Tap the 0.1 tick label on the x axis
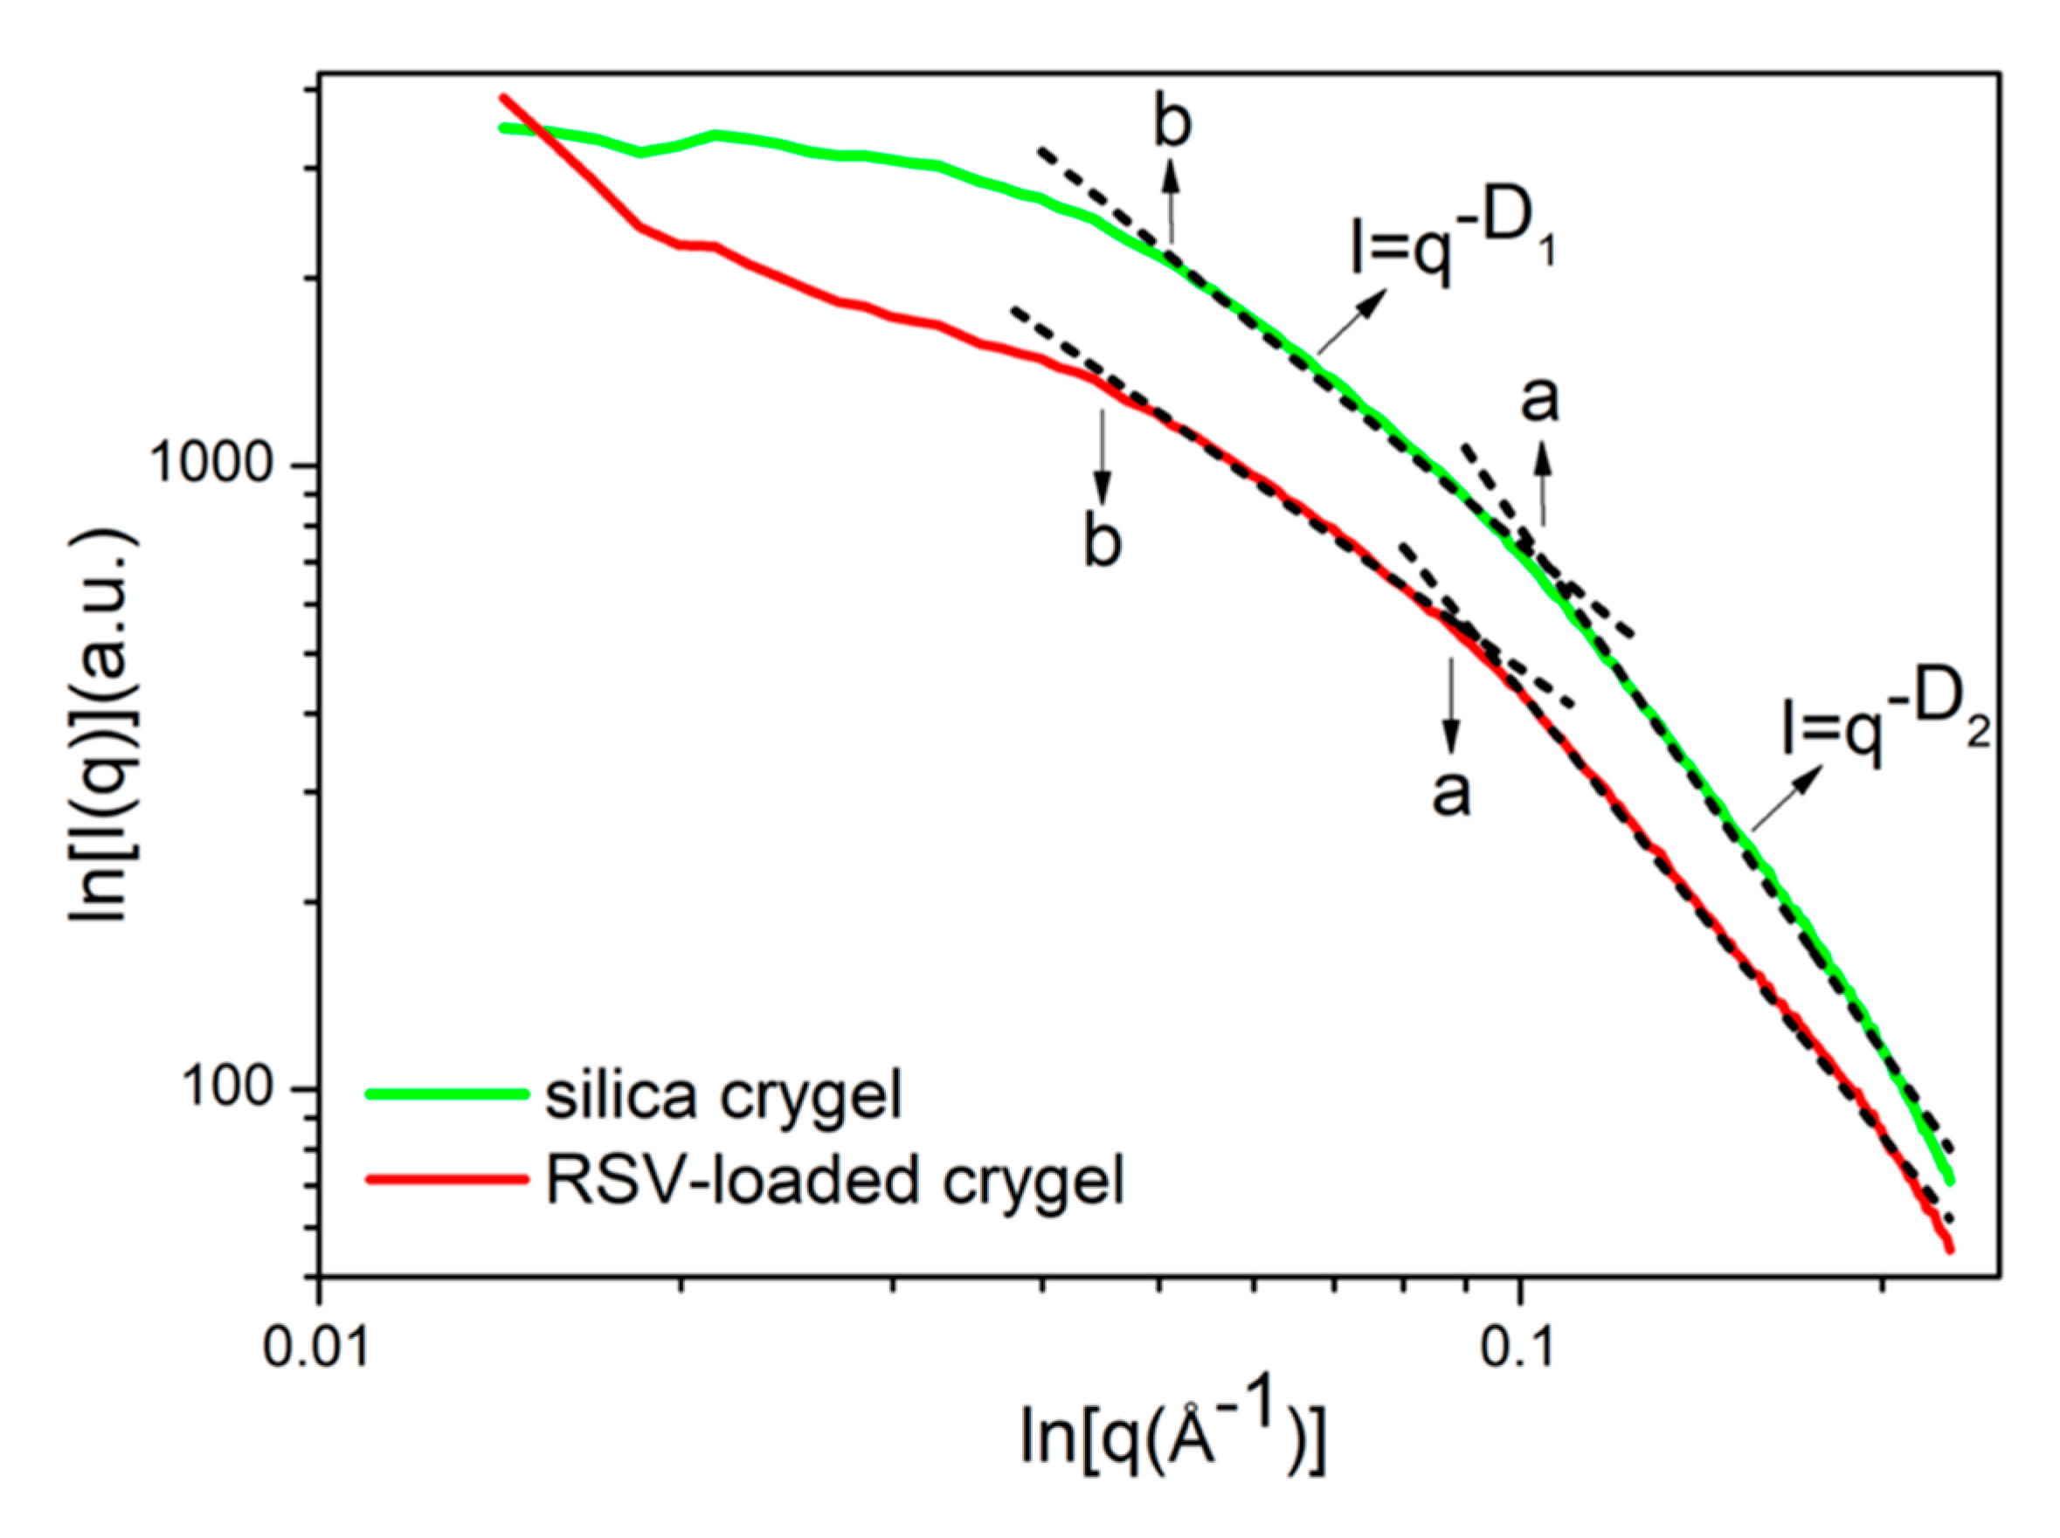(1517, 1346)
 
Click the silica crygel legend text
(723, 1095)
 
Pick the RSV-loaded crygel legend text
(834, 1181)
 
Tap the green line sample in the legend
(447, 1095)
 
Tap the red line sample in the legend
(447, 1180)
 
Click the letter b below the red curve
(1103, 541)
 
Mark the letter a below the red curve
(1451, 793)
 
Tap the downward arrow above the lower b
(1103, 456)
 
